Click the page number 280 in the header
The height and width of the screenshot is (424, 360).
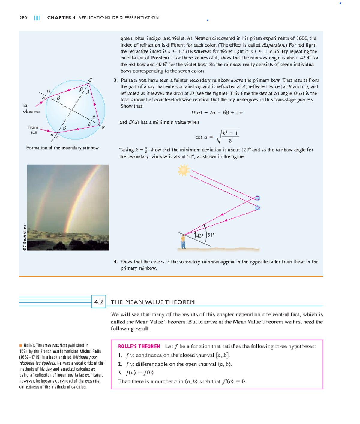coord(23,18)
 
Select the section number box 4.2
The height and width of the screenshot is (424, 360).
coord(99,302)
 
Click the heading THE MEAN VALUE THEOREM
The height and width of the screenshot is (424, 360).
coord(153,302)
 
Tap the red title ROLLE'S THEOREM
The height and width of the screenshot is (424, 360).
coord(139,346)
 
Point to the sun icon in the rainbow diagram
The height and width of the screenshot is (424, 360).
coord(184,170)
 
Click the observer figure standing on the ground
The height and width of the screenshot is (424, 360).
coord(183,242)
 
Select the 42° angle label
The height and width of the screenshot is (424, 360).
coord(200,236)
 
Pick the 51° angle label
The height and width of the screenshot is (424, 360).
coord(211,235)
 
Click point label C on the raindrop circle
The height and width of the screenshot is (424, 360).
coord(90,80)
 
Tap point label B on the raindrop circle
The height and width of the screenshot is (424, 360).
coord(103,128)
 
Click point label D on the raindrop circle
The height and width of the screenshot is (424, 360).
coord(48,92)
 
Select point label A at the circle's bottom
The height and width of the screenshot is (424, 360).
coord(57,138)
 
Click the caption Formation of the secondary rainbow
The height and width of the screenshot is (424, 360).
coord(62,148)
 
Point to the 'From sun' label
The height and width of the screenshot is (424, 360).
coord(33,130)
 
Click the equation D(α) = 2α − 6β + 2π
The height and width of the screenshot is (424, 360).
coord(217,113)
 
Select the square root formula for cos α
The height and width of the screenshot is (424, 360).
coord(217,137)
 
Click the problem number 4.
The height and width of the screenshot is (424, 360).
coord(115,262)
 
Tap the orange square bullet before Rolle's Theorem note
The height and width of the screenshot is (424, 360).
coord(21,345)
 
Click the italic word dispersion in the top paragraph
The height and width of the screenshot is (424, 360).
coord(274,45)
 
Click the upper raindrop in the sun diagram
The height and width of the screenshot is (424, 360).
coord(257,198)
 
